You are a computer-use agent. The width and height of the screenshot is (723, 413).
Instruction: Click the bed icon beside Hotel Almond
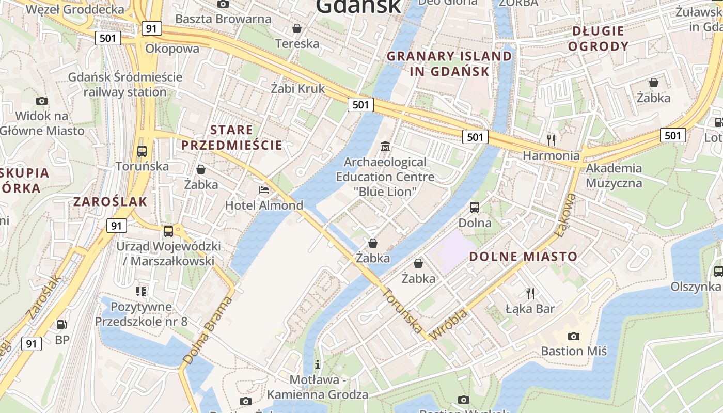pyautogui.click(x=264, y=189)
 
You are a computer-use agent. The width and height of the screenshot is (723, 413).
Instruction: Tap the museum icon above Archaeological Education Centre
pyautogui.click(x=385, y=147)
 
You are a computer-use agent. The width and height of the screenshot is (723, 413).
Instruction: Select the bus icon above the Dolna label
pyautogui.click(x=475, y=208)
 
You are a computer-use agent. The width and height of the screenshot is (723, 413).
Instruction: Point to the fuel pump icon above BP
pyautogui.click(x=62, y=324)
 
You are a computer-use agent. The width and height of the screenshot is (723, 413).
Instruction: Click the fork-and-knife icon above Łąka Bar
pyautogui.click(x=530, y=294)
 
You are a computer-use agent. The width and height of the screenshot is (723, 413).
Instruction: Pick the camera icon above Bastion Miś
pyautogui.click(x=573, y=336)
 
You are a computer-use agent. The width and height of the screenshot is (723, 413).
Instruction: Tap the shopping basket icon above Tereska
pyautogui.click(x=297, y=28)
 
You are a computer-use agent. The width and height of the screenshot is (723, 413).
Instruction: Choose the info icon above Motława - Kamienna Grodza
pyautogui.click(x=318, y=364)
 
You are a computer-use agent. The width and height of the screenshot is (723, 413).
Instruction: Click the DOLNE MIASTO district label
pyautogui.click(x=523, y=257)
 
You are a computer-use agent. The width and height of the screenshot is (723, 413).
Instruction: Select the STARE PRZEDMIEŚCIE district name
pyautogui.click(x=232, y=137)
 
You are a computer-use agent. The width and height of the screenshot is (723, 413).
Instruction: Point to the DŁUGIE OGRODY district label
pyautogui.click(x=598, y=39)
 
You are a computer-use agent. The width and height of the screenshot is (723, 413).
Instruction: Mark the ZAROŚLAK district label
pyautogui.click(x=111, y=201)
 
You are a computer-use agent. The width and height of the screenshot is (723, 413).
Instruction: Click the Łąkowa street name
pyautogui.click(x=566, y=215)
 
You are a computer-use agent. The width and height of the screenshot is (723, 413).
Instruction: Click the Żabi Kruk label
pyautogui.click(x=298, y=88)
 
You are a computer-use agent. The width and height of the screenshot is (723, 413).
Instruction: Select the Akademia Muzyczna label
pyautogui.click(x=614, y=176)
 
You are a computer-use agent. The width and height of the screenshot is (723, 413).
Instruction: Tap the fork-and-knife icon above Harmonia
pyautogui.click(x=551, y=139)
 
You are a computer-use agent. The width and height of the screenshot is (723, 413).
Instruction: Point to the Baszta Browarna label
pyautogui.click(x=223, y=19)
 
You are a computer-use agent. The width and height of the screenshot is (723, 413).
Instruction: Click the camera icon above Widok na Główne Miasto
pyautogui.click(x=42, y=101)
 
